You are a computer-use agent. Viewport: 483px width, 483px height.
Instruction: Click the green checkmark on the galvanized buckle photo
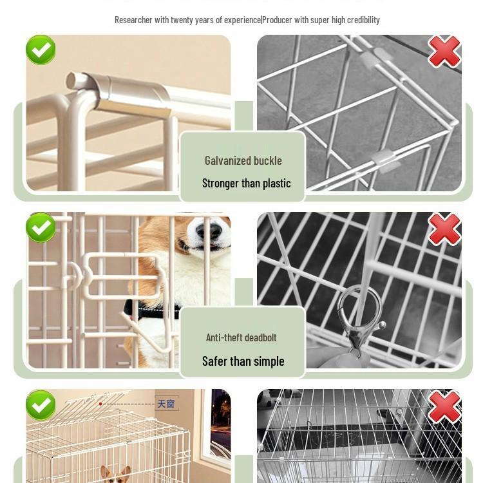tap(41, 50)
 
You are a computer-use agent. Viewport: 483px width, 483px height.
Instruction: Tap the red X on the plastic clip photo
tap(444, 52)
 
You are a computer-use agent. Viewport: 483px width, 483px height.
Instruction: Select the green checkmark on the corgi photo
tap(41, 227)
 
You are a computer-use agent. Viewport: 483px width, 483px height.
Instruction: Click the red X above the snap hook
tap(444, 229)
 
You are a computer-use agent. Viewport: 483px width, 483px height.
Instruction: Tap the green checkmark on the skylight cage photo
tap(41, 405)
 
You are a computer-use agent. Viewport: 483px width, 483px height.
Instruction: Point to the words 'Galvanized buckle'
tap(243, 160)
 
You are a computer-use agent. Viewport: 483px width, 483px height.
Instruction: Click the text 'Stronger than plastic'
tap(246, 184)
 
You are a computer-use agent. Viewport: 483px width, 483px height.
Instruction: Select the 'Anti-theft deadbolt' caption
tap(241, 337)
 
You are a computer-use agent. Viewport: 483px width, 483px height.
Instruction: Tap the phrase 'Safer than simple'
tap(243, 361)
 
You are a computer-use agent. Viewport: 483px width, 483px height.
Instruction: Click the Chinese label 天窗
tap(166, 404)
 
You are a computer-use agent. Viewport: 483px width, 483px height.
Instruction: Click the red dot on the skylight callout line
tap(100, 404)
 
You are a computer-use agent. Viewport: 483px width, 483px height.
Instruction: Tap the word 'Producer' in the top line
tap(278, 20)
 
